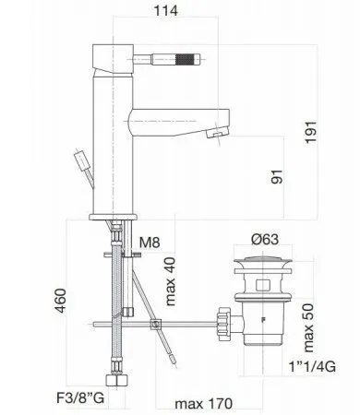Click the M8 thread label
pos(150,243)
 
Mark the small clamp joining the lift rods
pos(156,324)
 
